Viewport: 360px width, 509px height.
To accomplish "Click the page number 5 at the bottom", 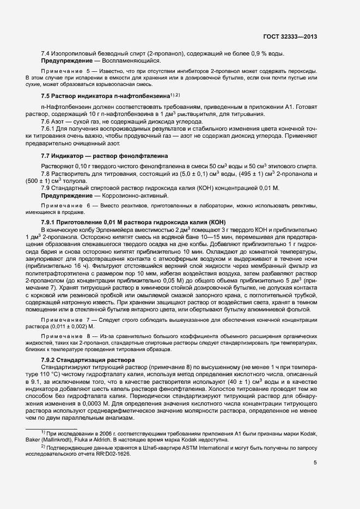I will tap(315, 463).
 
